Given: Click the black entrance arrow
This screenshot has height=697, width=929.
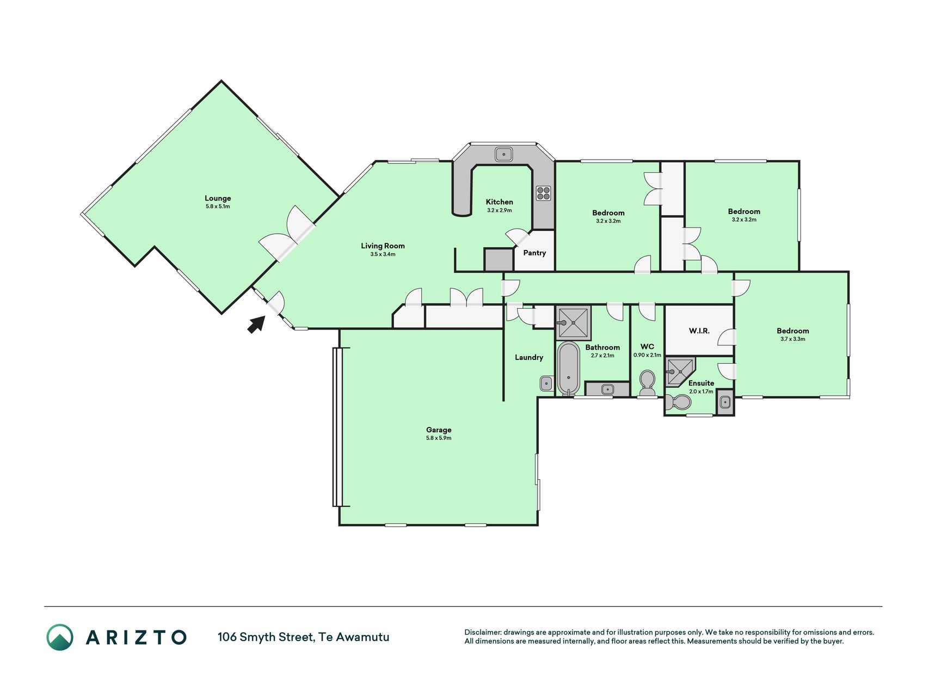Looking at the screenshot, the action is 257,324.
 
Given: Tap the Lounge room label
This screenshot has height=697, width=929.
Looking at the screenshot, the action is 218,198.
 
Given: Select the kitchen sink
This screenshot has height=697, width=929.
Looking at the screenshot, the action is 505,154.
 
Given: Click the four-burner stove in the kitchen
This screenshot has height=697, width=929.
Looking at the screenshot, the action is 544,193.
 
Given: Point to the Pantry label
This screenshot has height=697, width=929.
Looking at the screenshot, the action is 534,253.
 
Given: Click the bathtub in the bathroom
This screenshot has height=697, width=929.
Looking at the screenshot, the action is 569,368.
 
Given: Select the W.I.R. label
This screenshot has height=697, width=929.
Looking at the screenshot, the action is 699,331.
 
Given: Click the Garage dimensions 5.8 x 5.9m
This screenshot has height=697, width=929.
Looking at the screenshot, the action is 439,438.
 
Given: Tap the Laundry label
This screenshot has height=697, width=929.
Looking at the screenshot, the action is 529,357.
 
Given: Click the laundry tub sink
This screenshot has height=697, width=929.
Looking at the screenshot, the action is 546,383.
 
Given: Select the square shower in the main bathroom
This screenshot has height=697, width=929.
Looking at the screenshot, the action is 573,323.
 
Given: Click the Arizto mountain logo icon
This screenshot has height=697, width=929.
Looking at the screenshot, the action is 60,637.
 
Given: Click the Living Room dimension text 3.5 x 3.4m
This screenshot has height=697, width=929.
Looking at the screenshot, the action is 383,254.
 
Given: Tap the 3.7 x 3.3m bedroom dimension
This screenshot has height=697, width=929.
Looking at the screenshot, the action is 793,339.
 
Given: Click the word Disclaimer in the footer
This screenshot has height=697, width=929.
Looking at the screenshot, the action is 482,632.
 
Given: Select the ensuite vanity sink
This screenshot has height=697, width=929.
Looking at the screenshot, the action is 724,402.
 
